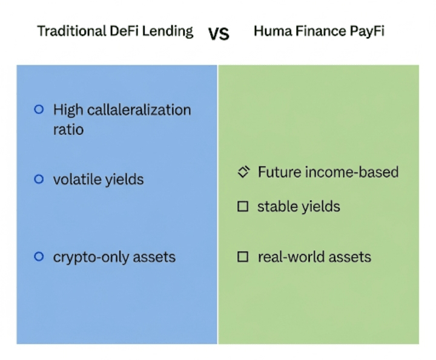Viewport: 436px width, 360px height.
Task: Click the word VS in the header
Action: [219, 34]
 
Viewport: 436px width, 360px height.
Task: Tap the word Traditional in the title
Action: [71, 31]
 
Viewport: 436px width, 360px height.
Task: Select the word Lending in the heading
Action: [167, 31]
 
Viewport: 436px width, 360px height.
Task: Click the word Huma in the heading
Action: [273, 31]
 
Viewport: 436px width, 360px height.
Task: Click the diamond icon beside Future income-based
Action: [244, 172]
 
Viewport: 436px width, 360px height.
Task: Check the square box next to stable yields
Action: [243, 206]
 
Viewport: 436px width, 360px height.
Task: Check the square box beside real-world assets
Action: [243, 257]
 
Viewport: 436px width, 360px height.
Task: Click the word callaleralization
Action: [139, 110]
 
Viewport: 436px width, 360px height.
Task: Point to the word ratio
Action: [68, 129]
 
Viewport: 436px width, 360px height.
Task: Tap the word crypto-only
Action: [91, 258]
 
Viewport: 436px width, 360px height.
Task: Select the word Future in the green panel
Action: [279, 172]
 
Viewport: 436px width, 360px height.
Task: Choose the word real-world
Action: [291, 257]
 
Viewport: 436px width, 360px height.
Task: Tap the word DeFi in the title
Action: [124, 31]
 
